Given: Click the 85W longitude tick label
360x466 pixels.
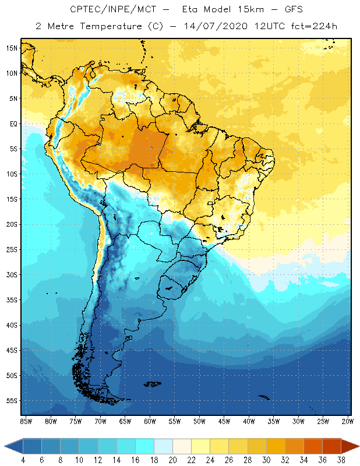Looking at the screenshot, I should click(26, 421).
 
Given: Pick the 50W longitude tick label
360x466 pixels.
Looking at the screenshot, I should click(199, 421).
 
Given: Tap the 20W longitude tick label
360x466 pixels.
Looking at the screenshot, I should click(348, 421).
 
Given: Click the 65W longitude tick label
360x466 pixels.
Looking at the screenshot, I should click(125, 421).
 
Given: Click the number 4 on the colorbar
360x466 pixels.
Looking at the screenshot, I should click(23, 460).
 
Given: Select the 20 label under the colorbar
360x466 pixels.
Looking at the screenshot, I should click(172, 460).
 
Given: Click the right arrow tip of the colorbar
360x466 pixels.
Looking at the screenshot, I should click(358, 446).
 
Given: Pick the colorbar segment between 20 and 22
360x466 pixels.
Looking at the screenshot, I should click(182, 446).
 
